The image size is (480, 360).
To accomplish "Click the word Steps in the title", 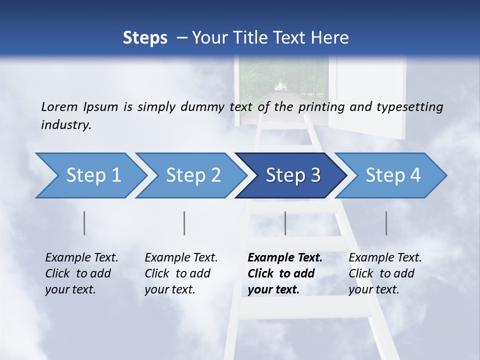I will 145,38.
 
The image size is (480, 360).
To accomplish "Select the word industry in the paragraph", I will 65,125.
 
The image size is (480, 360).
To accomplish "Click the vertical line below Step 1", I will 84,223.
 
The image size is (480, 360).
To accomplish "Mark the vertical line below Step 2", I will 184,223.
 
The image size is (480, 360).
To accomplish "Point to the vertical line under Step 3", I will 285,223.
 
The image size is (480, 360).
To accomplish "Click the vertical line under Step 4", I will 386,223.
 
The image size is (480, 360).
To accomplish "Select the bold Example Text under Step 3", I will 285,258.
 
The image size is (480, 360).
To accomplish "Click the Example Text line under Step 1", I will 81,258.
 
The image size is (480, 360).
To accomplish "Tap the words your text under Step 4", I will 373,290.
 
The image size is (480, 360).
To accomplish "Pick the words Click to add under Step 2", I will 177,274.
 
